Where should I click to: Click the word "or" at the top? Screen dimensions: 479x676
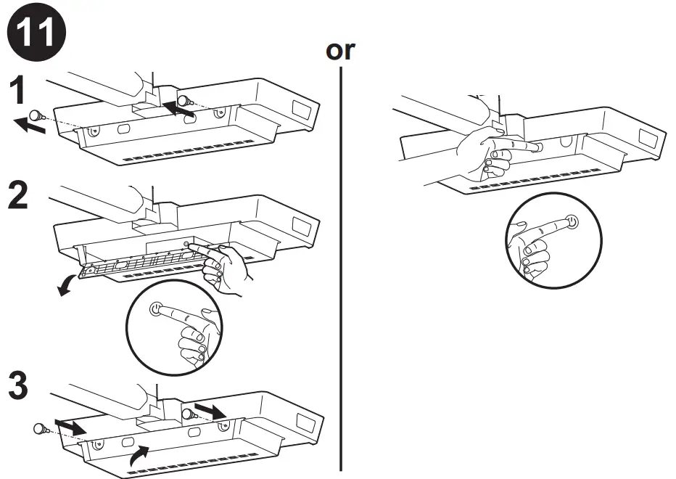341,52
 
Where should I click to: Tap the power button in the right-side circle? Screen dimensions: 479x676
572,221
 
